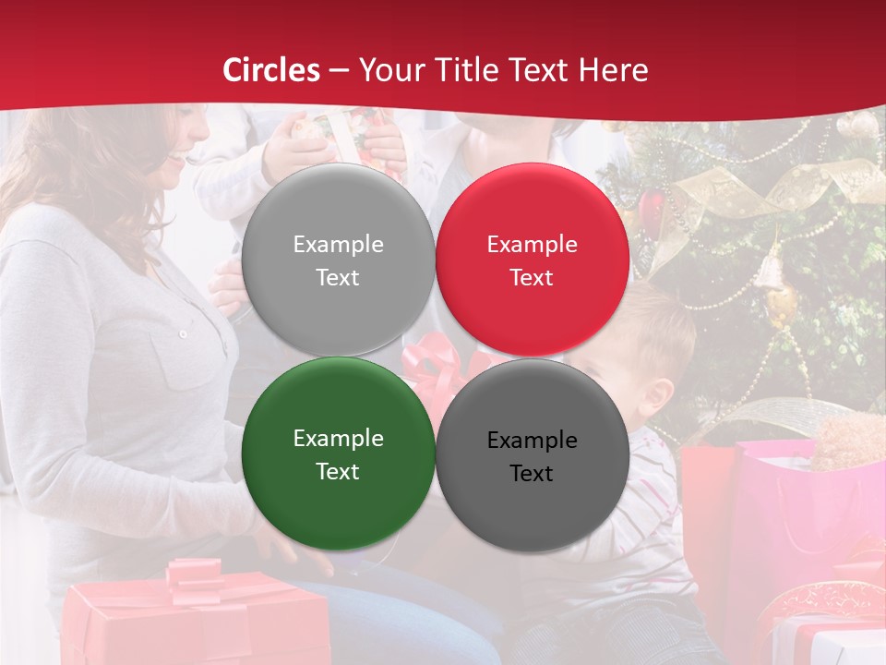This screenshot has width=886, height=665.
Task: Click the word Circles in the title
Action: click(x=271, y=70)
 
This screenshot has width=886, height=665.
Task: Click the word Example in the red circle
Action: click(x=532, y=245)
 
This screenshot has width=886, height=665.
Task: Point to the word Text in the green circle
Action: click(x=338, y=471)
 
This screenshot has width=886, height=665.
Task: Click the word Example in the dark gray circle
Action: click(x=532, y=441)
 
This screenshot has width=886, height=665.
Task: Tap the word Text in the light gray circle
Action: click(x=338, y=277)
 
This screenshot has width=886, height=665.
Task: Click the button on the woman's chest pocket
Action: click(x=183, y=333)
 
